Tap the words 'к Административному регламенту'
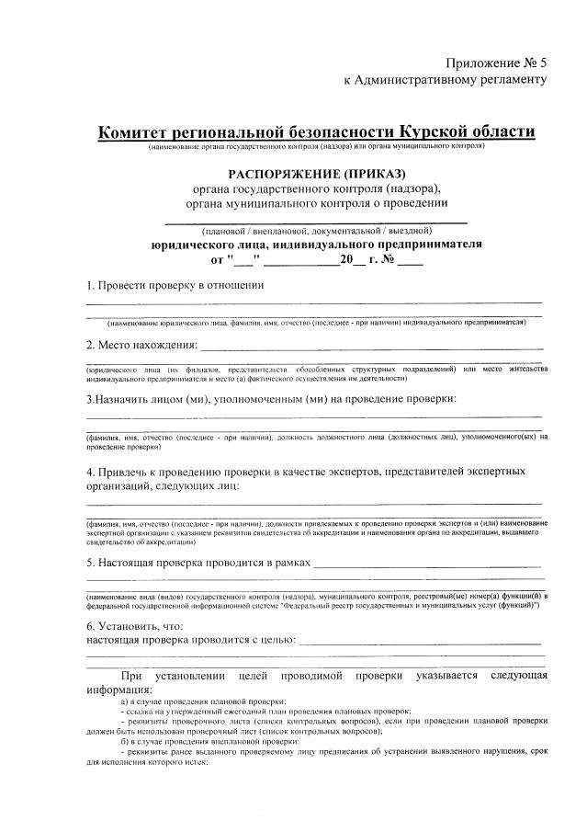(445, 80)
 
